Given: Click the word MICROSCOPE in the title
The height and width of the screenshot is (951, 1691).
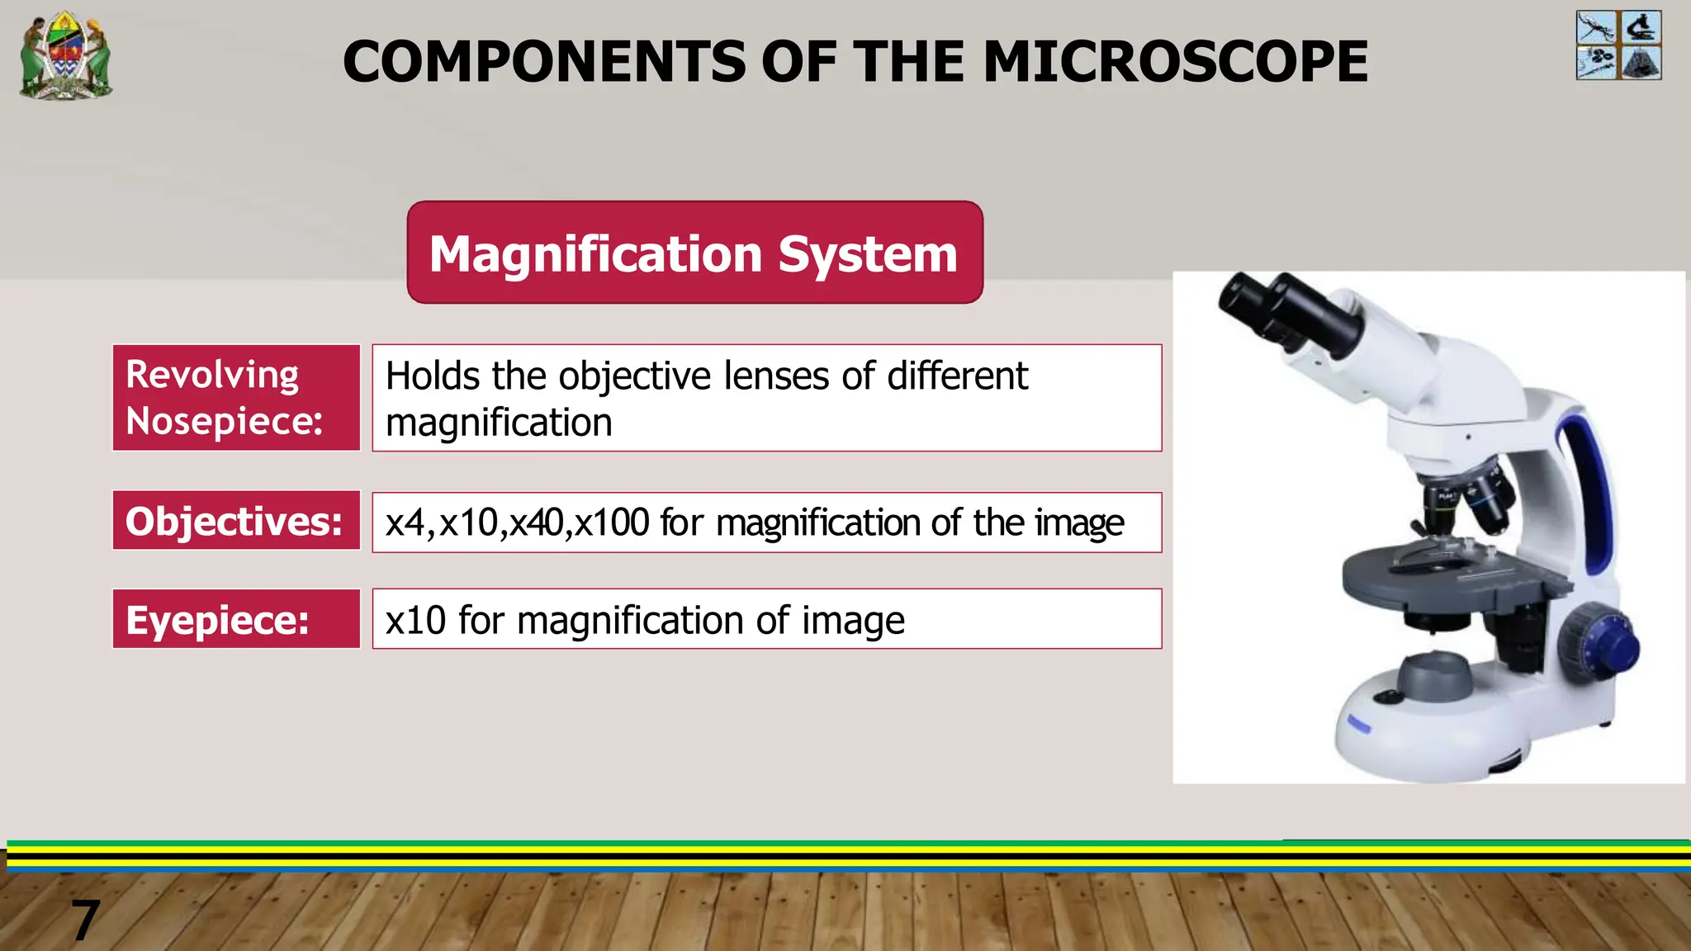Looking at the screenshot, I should pyautogui.click(x=1175, y=62).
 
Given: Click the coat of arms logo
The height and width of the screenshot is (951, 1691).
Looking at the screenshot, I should pyautogui.click(x=66, y=55).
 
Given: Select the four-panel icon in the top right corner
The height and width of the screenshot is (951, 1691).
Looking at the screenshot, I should pyautogui.click(x=1618, y=45).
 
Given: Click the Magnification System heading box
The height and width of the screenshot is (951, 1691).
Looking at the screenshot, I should pyautogui.click(x=694, y=253).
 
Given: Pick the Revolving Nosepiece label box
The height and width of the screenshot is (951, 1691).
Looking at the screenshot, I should pyautogui.click(x=236, y=398).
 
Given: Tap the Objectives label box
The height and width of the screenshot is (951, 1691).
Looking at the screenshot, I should pyautogui.click(x=236, y=521).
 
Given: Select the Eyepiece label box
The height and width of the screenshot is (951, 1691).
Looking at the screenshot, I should pyautogui.click(x=236, y=619).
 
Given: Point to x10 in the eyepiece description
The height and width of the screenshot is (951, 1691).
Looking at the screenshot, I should pyautogui.click(x=415, y=620).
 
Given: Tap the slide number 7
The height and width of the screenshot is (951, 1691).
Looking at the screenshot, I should pyautogui.click(x=85, y=920).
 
